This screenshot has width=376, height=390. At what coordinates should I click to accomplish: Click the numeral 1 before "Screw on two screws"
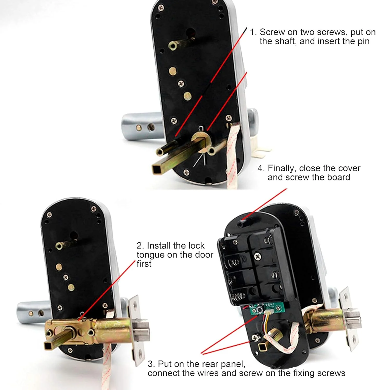coord(252,32)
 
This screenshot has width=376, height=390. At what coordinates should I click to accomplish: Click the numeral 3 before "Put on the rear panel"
coord(151,364)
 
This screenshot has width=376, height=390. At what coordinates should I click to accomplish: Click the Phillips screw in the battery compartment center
coord(257,256)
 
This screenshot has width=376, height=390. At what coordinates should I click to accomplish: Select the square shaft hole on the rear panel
coord(261,347)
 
